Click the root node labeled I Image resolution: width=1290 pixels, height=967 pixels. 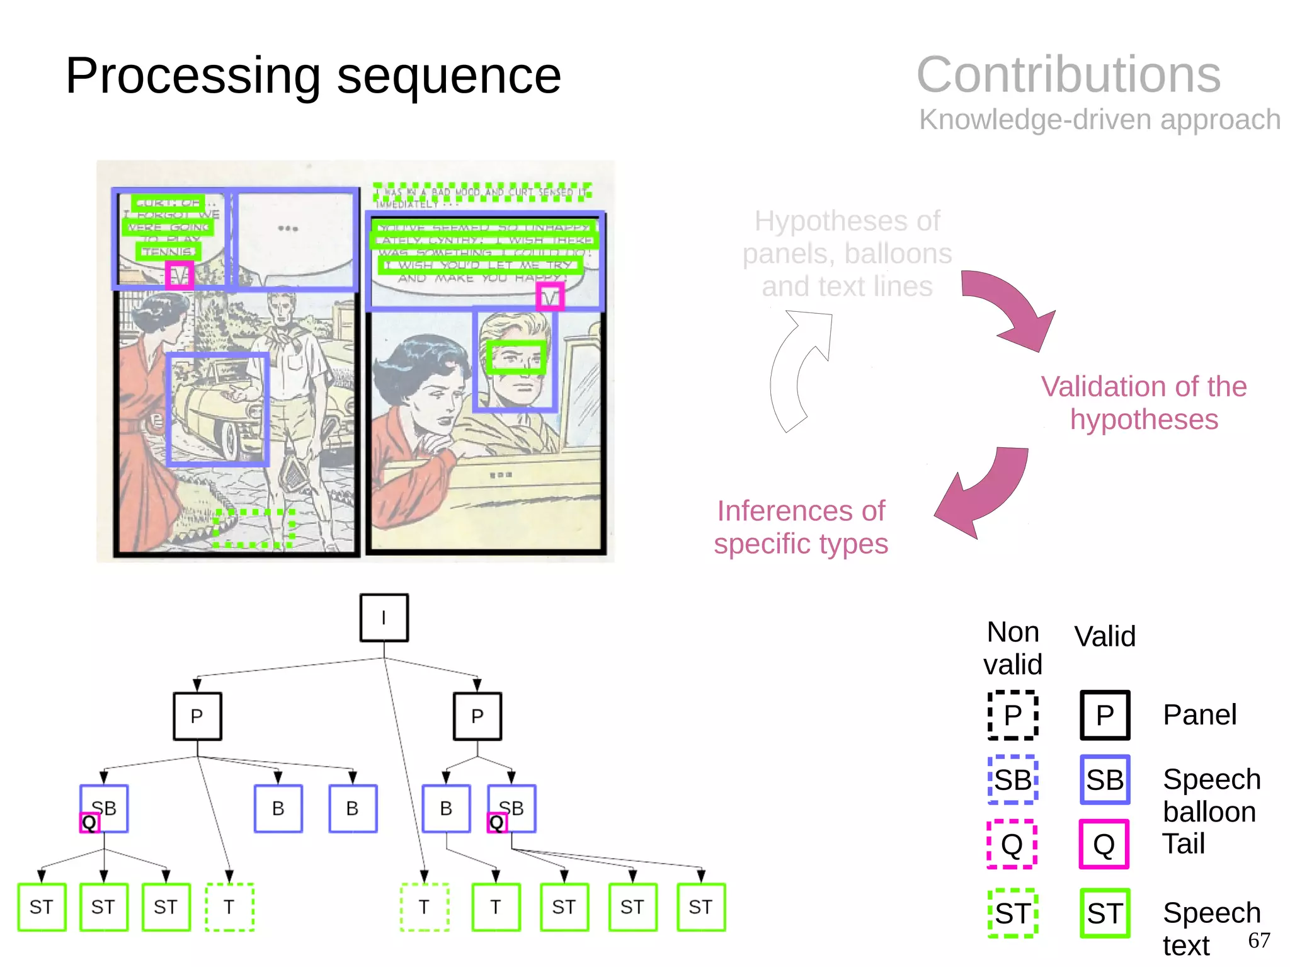(384, 617)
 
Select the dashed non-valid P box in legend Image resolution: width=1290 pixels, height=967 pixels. (1012, 715)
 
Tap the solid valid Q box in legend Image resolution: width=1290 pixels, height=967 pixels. (1104, 844)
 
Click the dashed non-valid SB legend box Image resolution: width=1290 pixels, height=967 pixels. (1012, 780)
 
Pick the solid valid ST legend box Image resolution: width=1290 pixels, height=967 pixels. (1104, 913)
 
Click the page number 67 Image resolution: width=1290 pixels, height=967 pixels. (1259, 941)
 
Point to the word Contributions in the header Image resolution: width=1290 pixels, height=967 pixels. (1068, 75)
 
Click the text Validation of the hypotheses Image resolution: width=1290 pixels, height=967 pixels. (1143, 403)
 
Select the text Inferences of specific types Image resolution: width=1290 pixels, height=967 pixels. (801, 527)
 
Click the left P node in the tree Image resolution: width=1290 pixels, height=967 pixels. (197, 716)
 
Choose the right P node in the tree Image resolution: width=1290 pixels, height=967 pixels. (477, 716)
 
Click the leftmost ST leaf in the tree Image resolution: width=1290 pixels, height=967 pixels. (42, 907)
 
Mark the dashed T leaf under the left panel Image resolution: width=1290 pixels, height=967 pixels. (229, 907)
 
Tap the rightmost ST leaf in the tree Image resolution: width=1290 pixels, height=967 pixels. (701, 907)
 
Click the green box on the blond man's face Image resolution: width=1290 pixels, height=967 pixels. (516, 357)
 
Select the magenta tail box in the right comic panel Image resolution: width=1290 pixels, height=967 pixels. (550, 297)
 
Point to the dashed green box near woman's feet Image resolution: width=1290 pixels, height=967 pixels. (254, 528)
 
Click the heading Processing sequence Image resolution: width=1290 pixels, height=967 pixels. (313, 76)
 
